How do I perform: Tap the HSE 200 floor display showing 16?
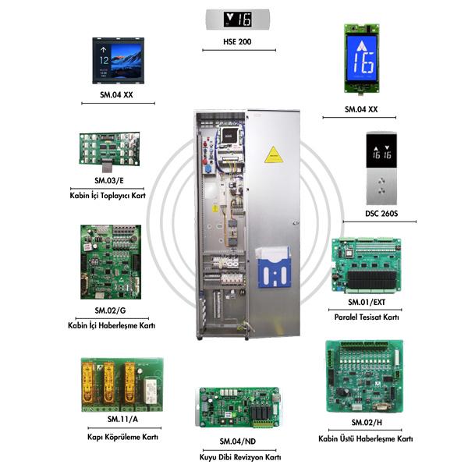pyautogui.click(x=237, y=19)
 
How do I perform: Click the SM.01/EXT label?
pyautogui.click(x=367, y=301)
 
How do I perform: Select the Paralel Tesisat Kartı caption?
pyautogui.click(x=367, y=317)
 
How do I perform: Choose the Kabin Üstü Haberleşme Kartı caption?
pyautogui.click(x=366, y=439)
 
